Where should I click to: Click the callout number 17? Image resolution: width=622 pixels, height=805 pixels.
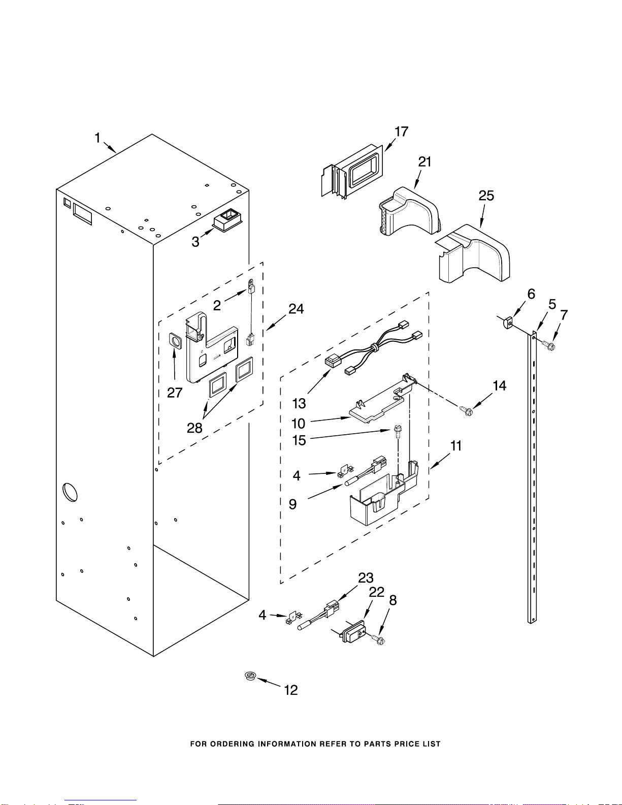coord(401,132)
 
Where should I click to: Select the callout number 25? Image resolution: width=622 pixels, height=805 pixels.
coord(486,196)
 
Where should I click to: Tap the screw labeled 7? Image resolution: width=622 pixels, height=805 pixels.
coord(549,346)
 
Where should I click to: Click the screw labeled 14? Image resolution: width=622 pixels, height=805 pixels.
coord(466,410)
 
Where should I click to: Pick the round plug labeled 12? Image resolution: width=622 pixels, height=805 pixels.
coord(251,676)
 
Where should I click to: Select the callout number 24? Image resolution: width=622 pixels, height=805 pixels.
coord(296,309)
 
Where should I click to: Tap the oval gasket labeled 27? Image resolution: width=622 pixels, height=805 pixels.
coord(175,341)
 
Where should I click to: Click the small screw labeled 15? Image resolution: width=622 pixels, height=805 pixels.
coord(397,432)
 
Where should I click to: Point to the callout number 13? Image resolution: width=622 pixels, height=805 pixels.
coord(299,403)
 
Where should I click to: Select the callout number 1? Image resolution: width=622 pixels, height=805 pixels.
coord(97,138)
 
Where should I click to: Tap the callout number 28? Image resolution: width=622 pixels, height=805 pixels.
coord(194,428)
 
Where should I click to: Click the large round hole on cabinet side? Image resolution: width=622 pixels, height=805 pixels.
coord(70,492)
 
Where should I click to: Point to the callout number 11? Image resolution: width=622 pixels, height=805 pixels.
coord(456,445)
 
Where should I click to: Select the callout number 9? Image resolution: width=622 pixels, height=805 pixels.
coord(292,504)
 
